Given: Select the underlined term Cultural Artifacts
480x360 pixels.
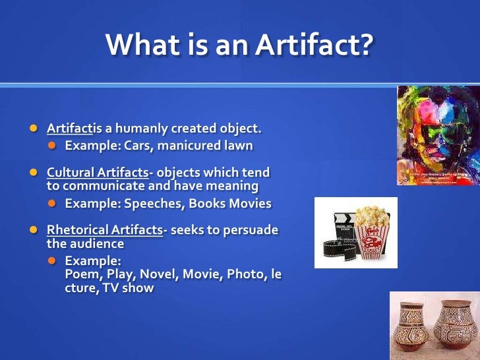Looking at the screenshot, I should (98, 172).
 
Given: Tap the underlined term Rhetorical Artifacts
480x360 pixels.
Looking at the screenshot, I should (104, 230).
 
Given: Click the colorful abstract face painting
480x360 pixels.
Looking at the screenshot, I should (438, 135).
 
